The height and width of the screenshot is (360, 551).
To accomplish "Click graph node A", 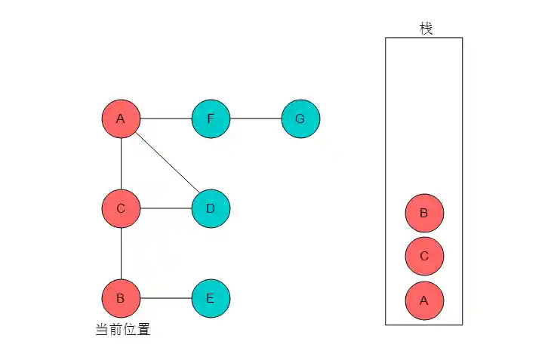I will pyautogui.click(x=121, y=119).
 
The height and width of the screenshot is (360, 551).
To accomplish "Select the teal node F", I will pyautogui.click(x=211, y=119).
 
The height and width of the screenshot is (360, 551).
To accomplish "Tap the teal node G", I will pyautogui.click(x=300, y=119).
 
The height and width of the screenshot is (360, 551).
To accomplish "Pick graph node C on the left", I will pyautogui.click(x=121, y=208).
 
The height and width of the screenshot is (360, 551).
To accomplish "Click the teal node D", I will pyautogui.click(x=211, y=208).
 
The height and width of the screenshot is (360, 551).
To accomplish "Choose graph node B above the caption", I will pyautogui.click(x=121, y=298).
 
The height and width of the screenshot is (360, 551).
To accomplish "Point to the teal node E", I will pyautogui.click(x=211, y=298).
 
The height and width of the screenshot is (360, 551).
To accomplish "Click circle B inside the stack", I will pyautogui.click(x=423, y=213).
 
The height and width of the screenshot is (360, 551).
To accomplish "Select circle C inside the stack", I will pyautogui.click(x=423, y=257).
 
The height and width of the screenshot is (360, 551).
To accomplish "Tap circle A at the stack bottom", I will pyautogui.click(x=423, y=300).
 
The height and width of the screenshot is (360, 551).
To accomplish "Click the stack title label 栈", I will pyautogui.click(x=426, y=29).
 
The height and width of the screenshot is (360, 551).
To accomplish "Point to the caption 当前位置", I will pyautogui.click(x=122, y=329).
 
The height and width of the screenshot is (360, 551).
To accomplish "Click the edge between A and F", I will pyautogui.click(x=166, y=119).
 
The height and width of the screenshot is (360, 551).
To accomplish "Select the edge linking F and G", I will pyautogui.click(x=256, y=119).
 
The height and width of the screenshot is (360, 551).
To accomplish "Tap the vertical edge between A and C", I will pyautogui.click(x=122, y=164).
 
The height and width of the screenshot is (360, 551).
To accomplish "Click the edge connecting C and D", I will pyautogui.click(x=166, y=208).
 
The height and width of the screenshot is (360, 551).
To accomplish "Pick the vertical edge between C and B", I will pyautogui.click(x=122, y=254).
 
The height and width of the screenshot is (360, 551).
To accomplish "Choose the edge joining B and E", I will pyautogui.click(x=166, y=298).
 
